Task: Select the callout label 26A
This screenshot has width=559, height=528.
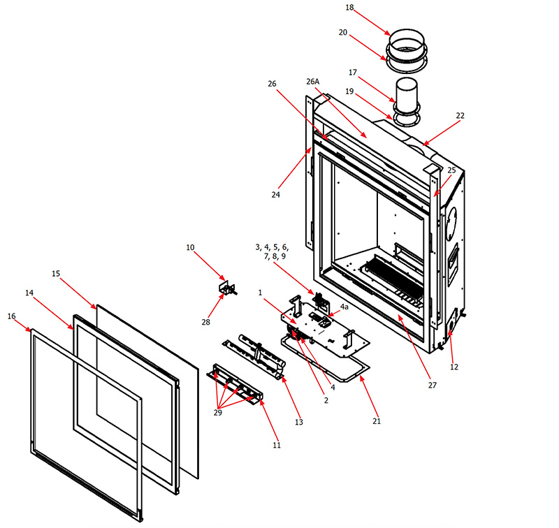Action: click(312, 81)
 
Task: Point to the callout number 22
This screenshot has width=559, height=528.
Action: click(460, 115)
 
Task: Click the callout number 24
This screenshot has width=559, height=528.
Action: click(276, 195)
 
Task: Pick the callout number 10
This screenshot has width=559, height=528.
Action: click(191, 247)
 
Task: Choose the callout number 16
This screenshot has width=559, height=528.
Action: click(11, 316)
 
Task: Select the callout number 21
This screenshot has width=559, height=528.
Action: click(377, 421)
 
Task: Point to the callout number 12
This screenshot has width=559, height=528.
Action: click(454, 367)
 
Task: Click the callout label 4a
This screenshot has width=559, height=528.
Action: click(344, 307)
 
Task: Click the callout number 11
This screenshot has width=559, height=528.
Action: click(277, 445)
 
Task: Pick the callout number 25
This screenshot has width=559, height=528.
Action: click(451, 170)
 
